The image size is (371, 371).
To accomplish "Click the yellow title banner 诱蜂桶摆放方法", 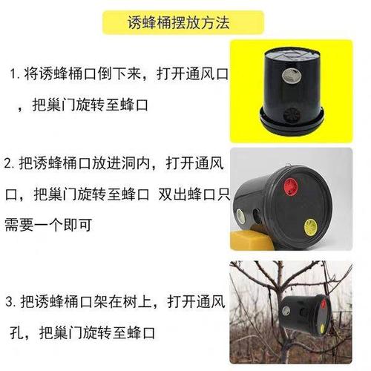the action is (x=183, y=22).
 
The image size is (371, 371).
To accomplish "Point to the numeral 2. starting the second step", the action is (x=9, y=163).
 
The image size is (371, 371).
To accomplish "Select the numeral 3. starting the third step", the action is (x=11, y=302).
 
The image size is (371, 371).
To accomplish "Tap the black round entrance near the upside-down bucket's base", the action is (x=292, y=115).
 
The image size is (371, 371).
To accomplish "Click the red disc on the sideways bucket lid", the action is (x=291, y=185).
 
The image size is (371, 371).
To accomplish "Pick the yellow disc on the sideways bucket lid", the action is (x=311, y=227).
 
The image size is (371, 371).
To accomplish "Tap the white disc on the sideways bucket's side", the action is (x=240, y=215).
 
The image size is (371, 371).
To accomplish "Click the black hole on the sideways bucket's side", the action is (x=256, y=216).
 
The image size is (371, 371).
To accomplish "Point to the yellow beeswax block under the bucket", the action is (x=251, y=239).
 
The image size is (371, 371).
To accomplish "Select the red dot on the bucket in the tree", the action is (x=324, y=304).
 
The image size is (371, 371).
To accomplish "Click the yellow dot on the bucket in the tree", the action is (x=322, y=328).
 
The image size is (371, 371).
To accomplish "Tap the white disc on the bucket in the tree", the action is (x=286, y=311).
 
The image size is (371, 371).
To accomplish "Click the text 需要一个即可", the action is (x=48, y=225).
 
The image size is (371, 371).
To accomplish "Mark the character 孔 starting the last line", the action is (x=16, y=332).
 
